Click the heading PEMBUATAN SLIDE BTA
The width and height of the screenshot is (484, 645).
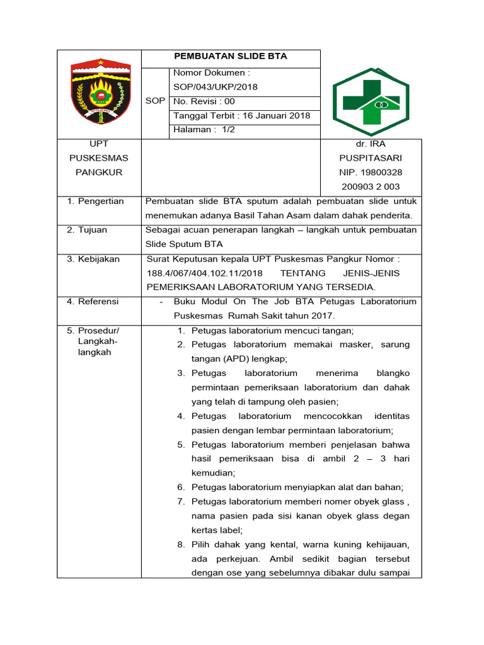(x=230, y=56)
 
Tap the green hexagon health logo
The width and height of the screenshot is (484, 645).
(x=371, y=101)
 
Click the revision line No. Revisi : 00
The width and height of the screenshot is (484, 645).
(x=204, y=101)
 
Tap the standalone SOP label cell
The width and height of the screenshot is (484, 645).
(x=155, y=101)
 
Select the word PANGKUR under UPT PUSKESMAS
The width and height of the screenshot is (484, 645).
(x=99, y=172)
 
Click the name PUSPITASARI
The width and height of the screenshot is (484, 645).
(x=371, y=158)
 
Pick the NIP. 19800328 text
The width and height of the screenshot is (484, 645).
(x=371, y=172)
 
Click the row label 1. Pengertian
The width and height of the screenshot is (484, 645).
(x=95, y=202)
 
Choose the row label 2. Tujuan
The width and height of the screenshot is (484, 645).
(x=87, y=230)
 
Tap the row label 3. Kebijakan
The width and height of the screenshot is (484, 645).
(x=93, y=259)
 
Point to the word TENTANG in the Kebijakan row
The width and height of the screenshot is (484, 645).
(x=302, y=273)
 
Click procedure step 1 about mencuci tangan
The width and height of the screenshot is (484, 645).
(x=272, y=331)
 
